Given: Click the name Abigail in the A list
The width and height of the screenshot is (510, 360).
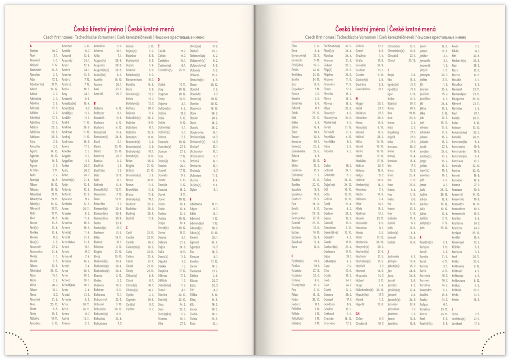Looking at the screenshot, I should click(35, 65).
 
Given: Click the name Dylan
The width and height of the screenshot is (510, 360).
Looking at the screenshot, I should click(194, 189).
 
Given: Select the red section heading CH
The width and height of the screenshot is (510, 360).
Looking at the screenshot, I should click(357, 314).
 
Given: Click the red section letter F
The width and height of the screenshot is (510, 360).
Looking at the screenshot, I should click(292, 256).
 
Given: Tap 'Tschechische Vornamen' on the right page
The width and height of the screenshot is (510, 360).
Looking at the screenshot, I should click(356, 37).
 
